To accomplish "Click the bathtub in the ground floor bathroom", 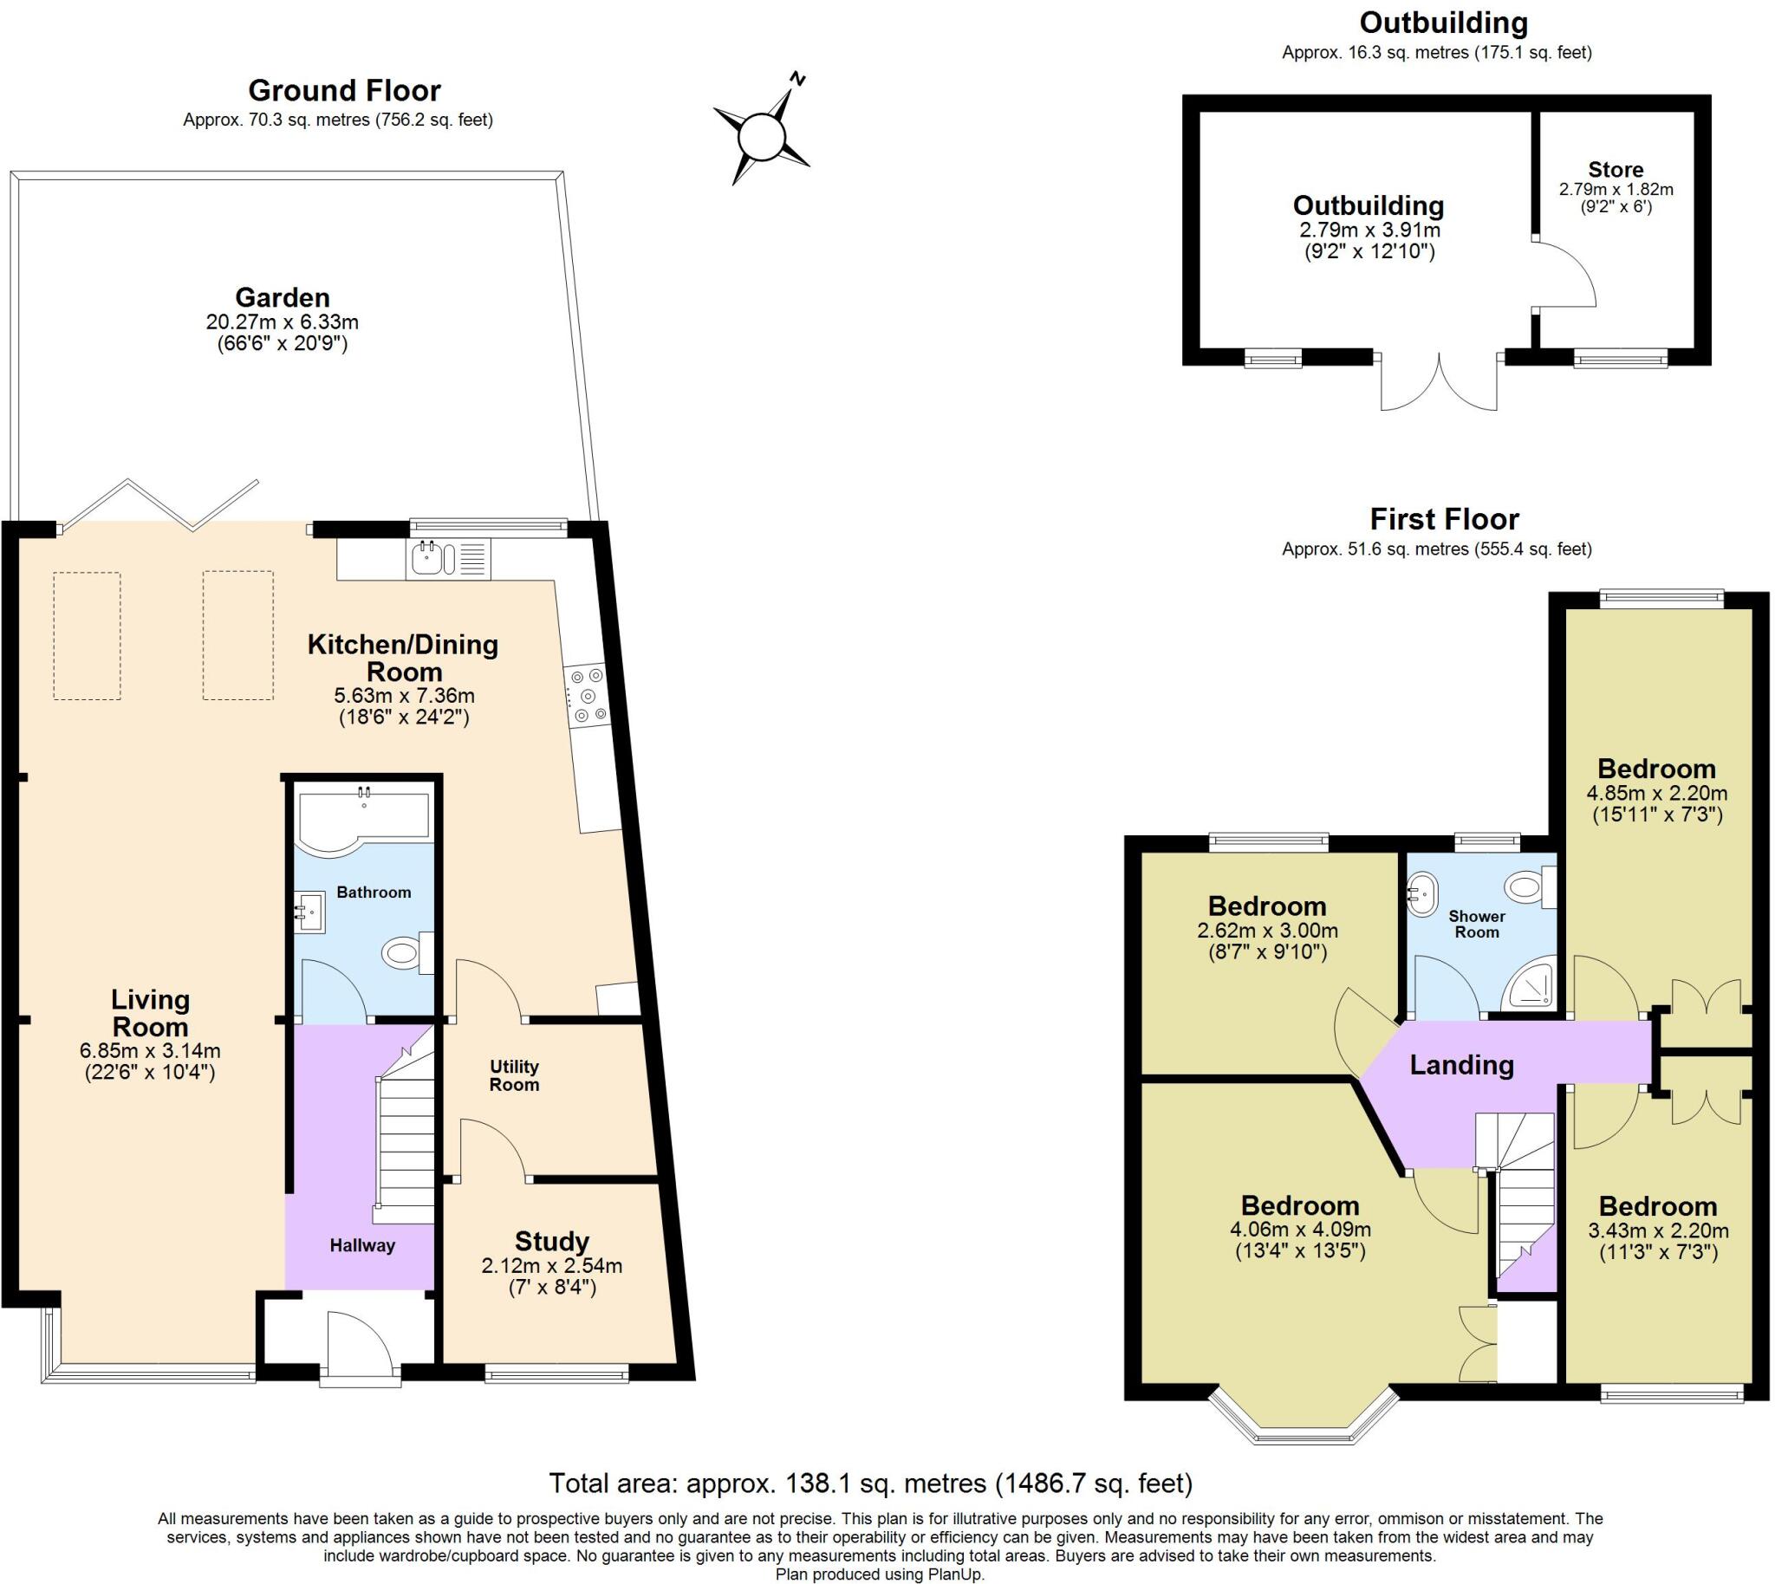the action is coord(364,816).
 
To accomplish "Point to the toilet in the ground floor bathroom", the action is coord(407,953).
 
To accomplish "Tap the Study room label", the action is coord(552,1241).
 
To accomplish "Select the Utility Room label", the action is coord(515,1075).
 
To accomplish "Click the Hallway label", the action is coord(362,1245).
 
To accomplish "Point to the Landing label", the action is coord(1461,1065).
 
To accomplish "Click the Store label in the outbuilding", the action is coord(1616,170).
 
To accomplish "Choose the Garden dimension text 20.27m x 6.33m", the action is coord(282,322).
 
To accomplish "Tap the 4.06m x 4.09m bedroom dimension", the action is coord(1301,1230).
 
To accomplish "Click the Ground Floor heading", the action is coord(345,90).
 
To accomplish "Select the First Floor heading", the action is coord(1445,520).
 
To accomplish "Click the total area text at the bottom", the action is coord(870,1482).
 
